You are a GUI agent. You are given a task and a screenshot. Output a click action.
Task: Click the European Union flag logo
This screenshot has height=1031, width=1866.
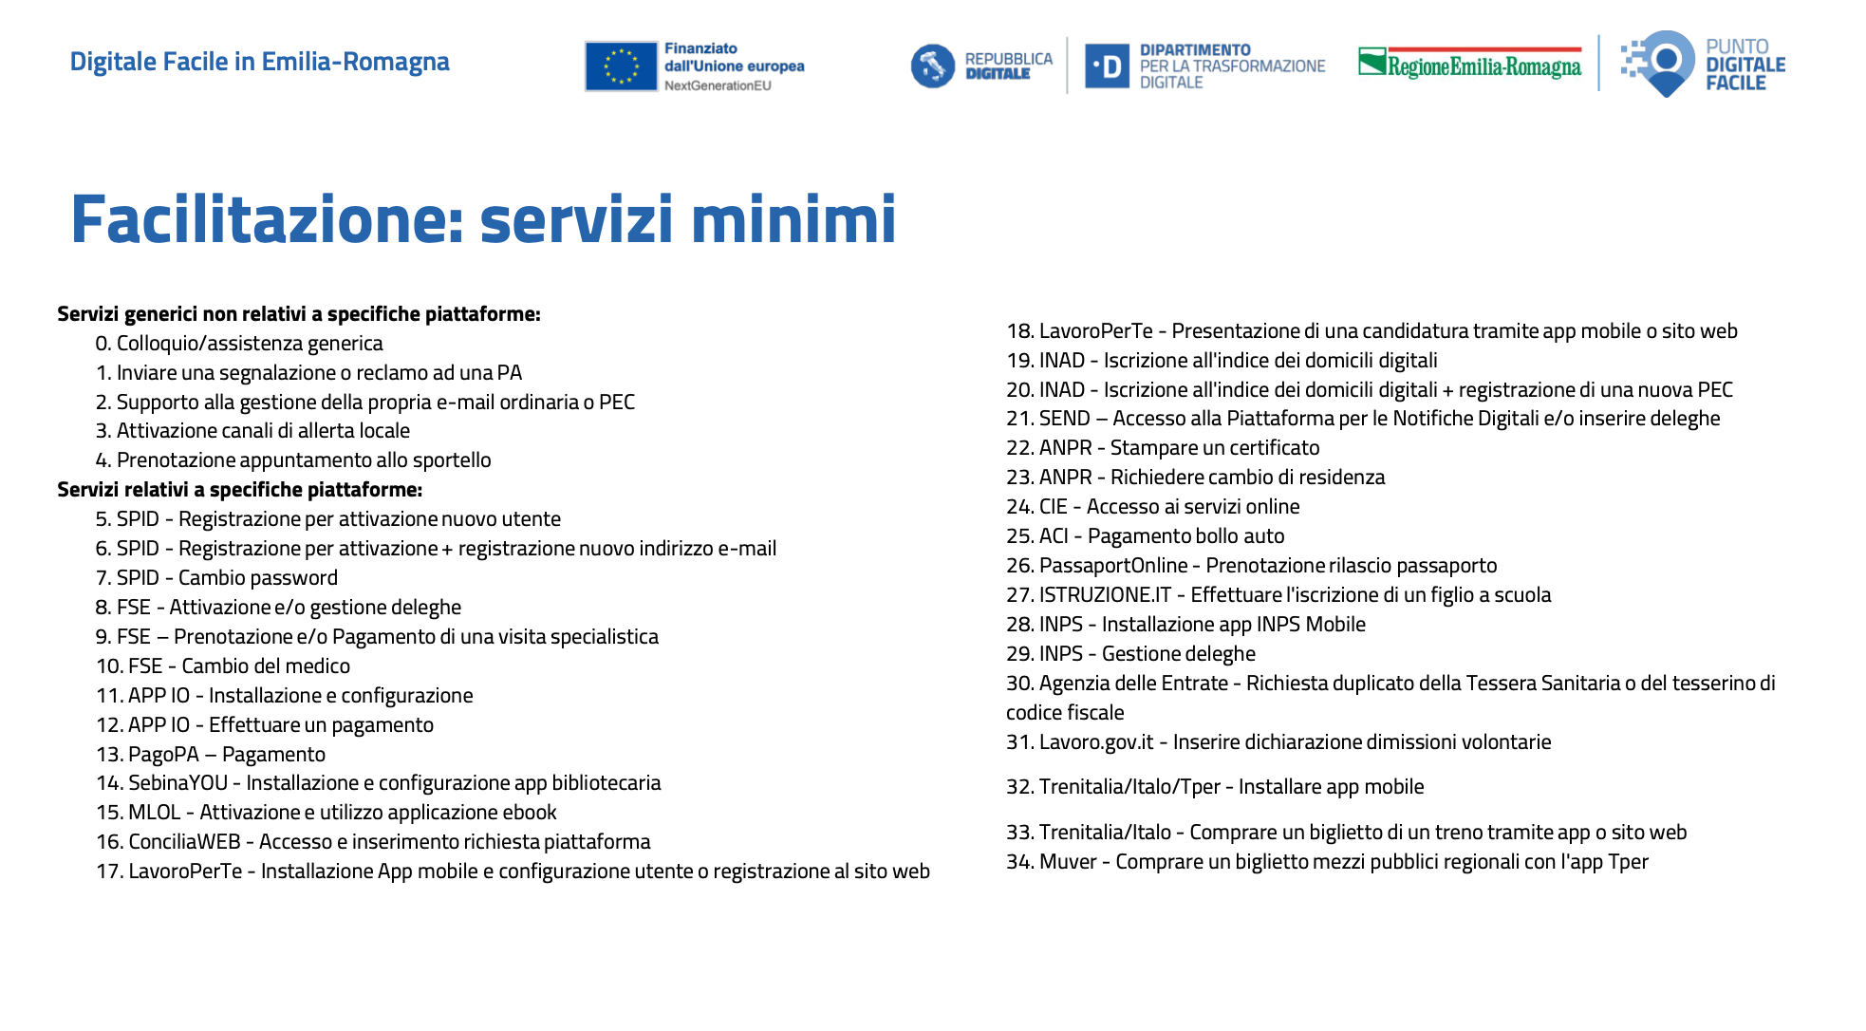621,66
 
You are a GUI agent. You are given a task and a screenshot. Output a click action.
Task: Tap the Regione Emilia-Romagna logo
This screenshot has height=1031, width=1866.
1470,64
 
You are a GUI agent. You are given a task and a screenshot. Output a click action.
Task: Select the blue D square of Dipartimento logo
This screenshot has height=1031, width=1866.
1107,66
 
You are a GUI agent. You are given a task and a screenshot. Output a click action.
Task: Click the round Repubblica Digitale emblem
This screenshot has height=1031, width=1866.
932,66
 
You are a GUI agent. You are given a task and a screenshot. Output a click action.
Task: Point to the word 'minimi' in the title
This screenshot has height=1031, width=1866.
793,220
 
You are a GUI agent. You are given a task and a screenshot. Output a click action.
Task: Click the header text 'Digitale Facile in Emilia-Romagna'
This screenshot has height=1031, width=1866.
259,62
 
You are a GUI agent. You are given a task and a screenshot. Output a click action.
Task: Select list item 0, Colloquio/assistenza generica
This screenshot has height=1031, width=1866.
239,344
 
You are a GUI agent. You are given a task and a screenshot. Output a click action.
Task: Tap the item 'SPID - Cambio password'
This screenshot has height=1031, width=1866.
217,578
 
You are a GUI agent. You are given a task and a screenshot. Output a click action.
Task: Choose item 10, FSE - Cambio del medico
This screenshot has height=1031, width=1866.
223,666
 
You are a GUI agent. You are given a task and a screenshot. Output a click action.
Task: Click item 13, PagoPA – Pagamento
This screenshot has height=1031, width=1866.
211,755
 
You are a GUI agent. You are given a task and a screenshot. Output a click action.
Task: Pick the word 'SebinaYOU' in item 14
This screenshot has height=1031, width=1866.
178,783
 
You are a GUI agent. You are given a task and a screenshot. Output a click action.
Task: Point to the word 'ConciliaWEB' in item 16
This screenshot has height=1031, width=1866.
185,842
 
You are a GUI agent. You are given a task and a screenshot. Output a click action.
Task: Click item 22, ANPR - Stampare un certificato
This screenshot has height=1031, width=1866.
1163,448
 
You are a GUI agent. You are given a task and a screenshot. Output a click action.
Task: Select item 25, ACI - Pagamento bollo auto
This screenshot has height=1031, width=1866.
1146,536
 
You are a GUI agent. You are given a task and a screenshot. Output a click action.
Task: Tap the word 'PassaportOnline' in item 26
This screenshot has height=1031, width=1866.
1113,566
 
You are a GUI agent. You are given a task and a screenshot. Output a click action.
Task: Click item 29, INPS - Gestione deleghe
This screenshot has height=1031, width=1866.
1130,654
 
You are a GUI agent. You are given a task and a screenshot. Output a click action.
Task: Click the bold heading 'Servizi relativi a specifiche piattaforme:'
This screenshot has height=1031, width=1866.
239,490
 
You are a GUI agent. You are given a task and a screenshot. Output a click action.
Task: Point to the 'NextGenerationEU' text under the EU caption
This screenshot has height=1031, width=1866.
718,85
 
